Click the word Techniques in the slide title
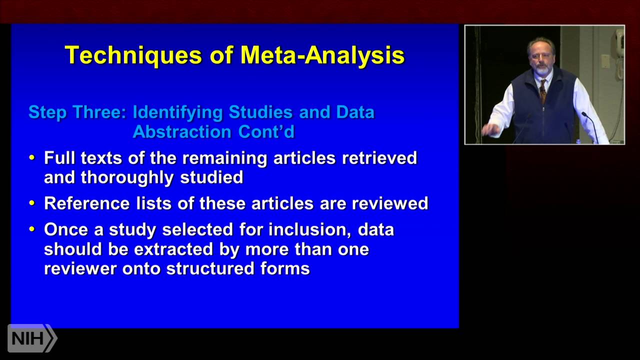(132, 55)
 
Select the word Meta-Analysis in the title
(322, 55)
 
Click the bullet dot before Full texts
(32, 158)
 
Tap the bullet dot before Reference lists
(32, 203)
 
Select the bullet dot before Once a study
(32, 229)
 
